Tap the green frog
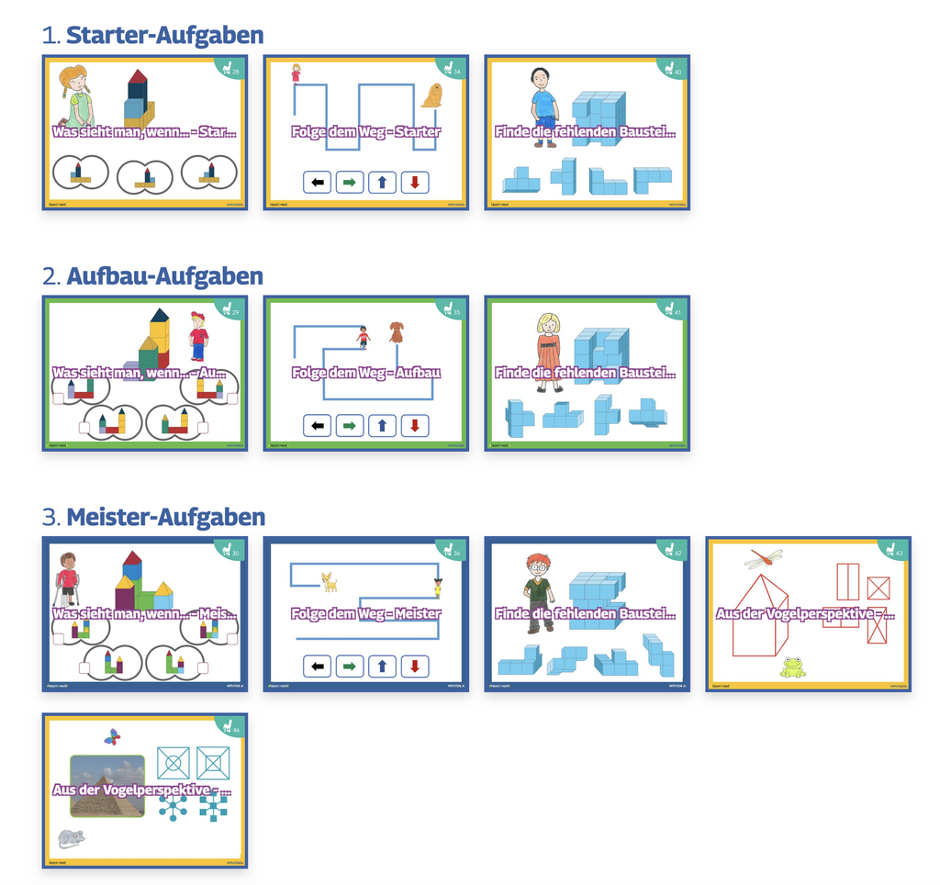pos(793,667)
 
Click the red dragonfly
pos(763,556)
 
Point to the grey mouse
pos(71,837)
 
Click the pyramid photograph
pos(107,786)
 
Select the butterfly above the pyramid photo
pos(112,736)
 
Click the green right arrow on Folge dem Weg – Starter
pos(349,183)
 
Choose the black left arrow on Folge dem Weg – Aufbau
pos(317,425)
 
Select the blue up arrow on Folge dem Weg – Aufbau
pos(382,425)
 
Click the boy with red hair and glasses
pos(539,592)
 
